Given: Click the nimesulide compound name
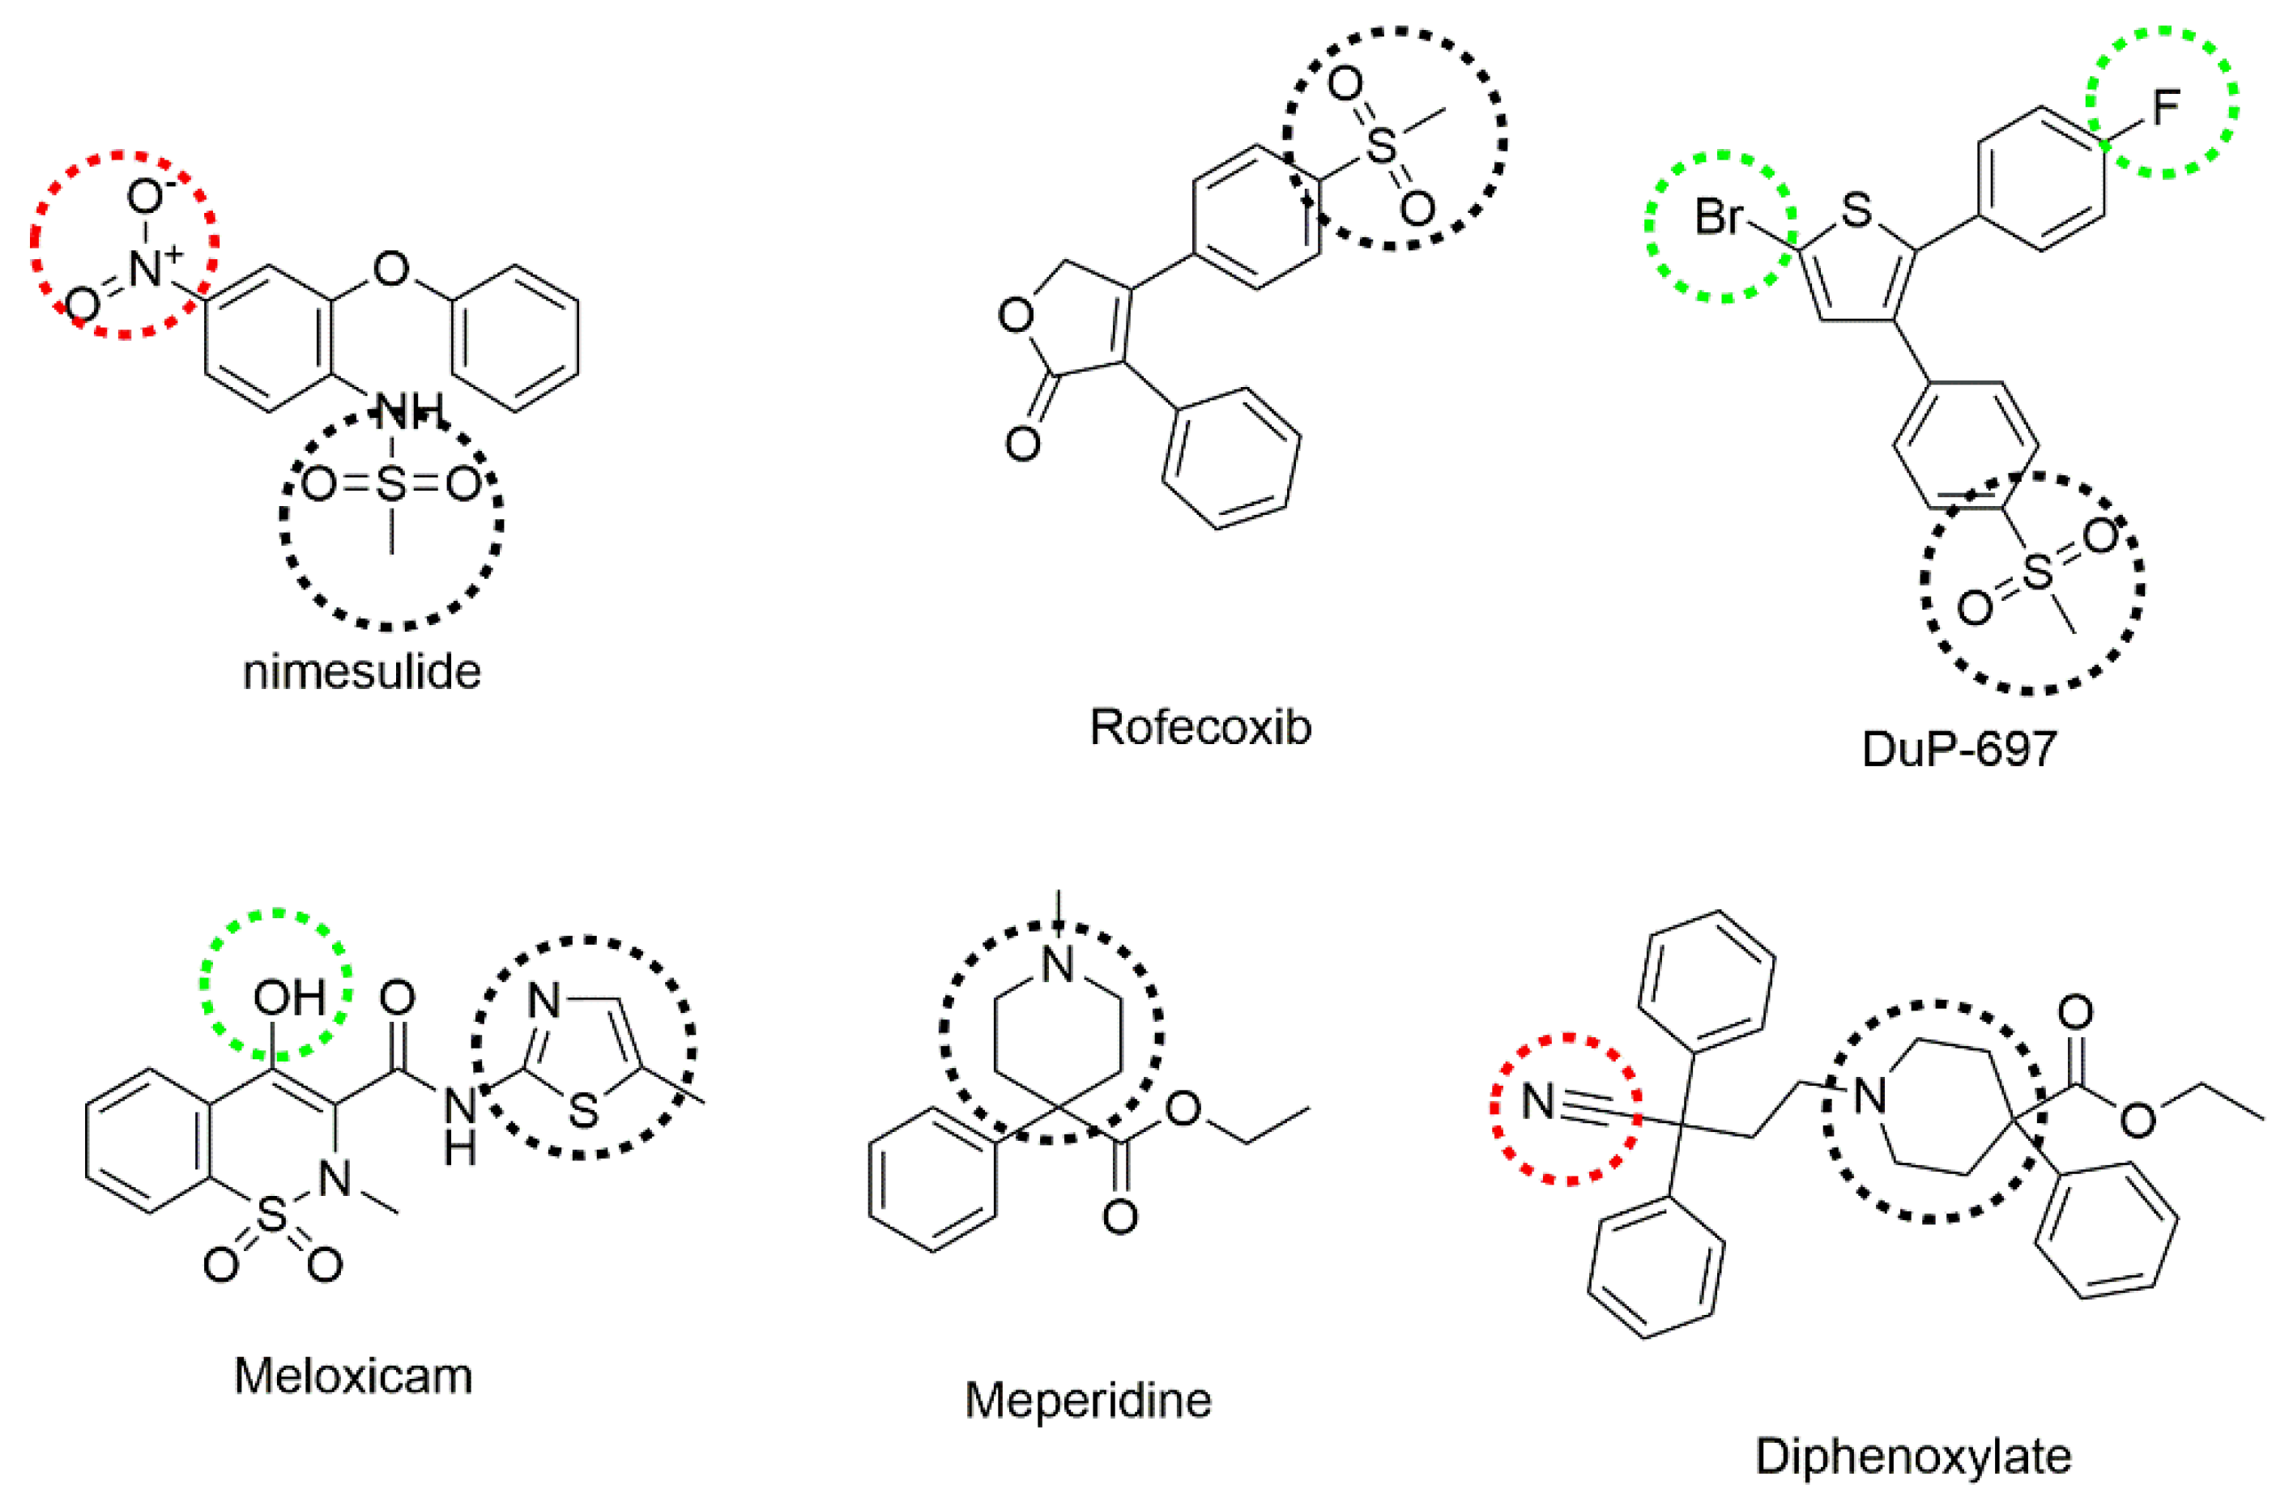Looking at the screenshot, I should [x=361, y=672].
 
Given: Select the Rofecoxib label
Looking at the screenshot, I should [x=1200, y=728].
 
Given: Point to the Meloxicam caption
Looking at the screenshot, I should [x=353, y=1376].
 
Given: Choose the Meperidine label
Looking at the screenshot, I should [x=1088, y=1400].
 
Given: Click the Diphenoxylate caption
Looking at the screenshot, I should [x=1913, y=1457].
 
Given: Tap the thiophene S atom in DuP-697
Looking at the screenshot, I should [x=1857, y=211].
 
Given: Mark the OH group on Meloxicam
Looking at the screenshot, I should [x=288, y=999].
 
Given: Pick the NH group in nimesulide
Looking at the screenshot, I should [x=409, y=411].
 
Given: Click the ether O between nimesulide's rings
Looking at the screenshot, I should [x=390, y=270].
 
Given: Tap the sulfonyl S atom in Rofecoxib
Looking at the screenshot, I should [x=1381, y=145].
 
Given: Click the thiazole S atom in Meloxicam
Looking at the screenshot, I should [x=584, y=1113].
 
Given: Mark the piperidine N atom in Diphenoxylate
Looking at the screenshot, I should [x=1869, y=1096].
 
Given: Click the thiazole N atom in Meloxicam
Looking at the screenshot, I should [x=544, y=1002].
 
